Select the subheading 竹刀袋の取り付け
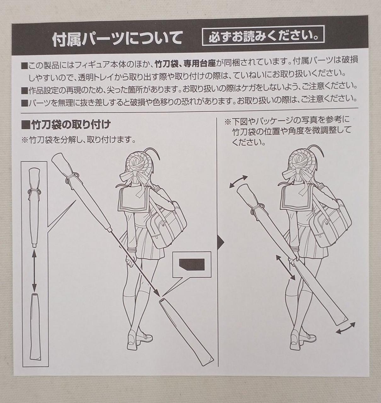pyautogui.click(x=66, y=125)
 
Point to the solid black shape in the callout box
pyautogui.click(x=191, y=265)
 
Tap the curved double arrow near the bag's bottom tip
pyautogui.click(x=346, y=328)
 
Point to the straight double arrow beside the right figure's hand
pyautogui.click(x=285, y=267)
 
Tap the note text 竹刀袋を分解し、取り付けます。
pyautogui.click(x=78, y=140)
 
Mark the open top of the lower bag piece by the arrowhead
pyautogui.click(x=163, y=300)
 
